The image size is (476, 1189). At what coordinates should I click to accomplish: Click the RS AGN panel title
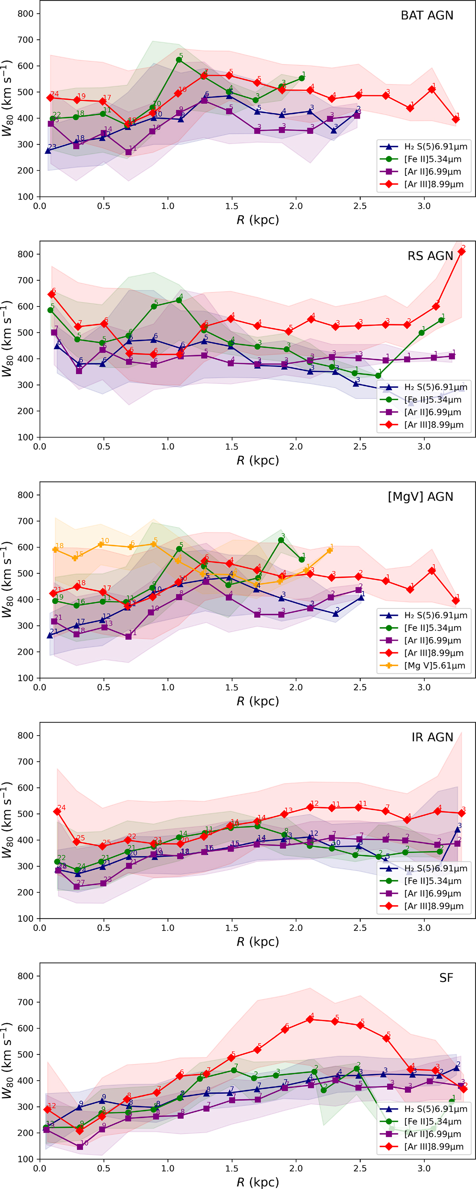point(430,256)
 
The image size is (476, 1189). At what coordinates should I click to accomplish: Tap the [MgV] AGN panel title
point(420,497)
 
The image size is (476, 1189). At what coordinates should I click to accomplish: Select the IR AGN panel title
point(432,738)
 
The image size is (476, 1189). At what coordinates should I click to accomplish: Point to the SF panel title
point(446,978)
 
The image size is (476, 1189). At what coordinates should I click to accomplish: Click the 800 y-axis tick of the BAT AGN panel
point(26,14)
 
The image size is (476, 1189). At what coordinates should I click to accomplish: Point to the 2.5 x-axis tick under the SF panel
point(360,1169)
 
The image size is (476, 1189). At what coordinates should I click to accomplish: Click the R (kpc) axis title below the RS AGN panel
point(257,461)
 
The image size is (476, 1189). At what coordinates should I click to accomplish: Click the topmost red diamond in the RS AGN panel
point(461,252)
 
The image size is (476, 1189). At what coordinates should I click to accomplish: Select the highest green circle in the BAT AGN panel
point(179,60)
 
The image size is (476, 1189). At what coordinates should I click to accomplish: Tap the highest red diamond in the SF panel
point(310,1019)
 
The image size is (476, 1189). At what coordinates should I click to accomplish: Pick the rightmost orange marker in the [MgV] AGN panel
point(329,551)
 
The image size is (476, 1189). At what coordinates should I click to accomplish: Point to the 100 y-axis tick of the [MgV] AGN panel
point(26,678)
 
